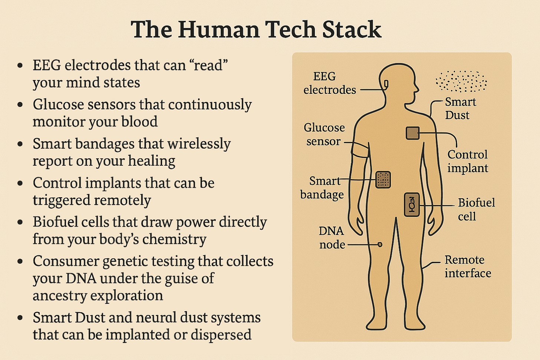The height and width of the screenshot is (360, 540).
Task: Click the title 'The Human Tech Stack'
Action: coord(256,30)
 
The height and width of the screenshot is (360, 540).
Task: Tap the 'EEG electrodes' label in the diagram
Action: coord(329,83)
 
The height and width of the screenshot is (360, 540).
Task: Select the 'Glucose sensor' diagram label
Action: coord(324,134)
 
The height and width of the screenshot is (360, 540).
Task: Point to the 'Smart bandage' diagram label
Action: coord(322,188)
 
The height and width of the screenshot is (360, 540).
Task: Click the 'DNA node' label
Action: coord(332,238)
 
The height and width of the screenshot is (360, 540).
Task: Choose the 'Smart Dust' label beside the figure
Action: coord(460,108)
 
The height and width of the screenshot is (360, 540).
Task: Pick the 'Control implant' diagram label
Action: coord(467,161)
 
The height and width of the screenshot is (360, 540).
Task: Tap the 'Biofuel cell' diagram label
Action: coord(476,209)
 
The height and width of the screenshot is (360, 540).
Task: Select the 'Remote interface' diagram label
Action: coord(467,267)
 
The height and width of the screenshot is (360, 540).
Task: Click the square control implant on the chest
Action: coord(412,133)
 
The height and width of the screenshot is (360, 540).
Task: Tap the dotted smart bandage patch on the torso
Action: coord(383,179)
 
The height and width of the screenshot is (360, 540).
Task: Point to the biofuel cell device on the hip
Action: coord(412,205)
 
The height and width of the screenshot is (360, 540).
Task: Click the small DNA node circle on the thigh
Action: coord(380,244)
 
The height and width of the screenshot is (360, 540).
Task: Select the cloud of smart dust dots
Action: coord(461,81)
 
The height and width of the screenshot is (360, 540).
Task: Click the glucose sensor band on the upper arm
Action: coord(360,150)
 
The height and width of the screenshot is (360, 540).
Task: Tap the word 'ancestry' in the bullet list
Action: coord(60,296)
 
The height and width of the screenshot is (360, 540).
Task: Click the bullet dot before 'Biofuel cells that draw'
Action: coord(20,222)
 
